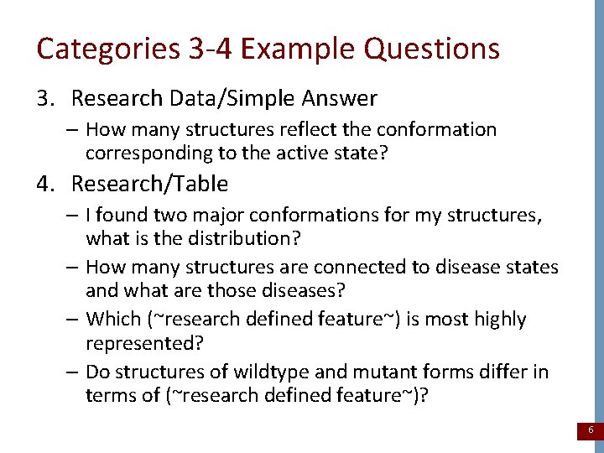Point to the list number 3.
[44, 99]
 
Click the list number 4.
[44, 183]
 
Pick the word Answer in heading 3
[337, 99]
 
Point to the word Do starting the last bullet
[97, 372]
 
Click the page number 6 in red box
[591, 430]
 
